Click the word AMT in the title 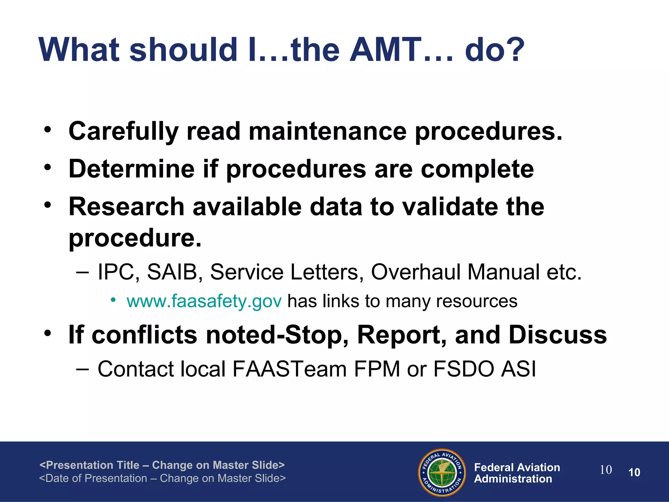pos(385,50)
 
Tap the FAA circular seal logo pos(442,473)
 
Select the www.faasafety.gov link pos(204,301)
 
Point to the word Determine pos(132,169)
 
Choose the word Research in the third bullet pos(127,207)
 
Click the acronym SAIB pos(172,272)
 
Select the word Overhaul pos(416,272)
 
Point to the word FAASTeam pos(289,369)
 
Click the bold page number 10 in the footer pos(634,473)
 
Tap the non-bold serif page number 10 pos(606,470)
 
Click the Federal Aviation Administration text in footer pos(517,473)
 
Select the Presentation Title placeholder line pos(162,465)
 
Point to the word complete pos(477,169)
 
